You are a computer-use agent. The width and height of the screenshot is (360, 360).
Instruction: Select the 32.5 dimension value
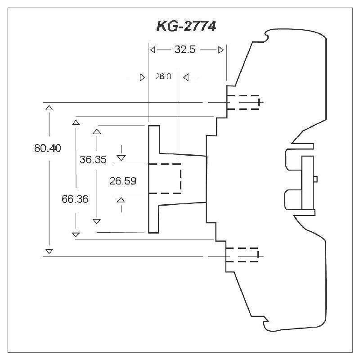coord(185,50)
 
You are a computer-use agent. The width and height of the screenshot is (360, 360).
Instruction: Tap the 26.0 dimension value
coord(163,77)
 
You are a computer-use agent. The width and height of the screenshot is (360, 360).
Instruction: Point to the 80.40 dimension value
coord(47,148)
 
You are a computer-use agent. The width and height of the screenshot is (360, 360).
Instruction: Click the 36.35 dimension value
coord(93,159)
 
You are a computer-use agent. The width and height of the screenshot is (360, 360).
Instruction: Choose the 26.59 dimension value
coord(123,181)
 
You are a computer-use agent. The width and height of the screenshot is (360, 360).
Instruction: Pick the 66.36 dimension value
coord(75,199)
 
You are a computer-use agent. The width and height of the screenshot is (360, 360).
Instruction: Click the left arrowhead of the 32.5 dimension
coord(153,50)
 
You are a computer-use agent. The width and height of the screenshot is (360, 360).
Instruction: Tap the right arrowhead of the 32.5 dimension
coord(220,50)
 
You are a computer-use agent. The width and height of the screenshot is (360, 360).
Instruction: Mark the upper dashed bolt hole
coord(243,102)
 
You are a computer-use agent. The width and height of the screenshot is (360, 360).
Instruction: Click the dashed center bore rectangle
coord(165,178)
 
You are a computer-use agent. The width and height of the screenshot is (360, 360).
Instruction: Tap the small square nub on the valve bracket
coord(315,179)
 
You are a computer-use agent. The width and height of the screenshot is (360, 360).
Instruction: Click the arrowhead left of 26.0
coord(143,77)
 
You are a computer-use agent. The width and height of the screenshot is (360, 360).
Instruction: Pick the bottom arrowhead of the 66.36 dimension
coord(76,234)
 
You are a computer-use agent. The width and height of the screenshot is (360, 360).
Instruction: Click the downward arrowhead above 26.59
coord(121,157)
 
